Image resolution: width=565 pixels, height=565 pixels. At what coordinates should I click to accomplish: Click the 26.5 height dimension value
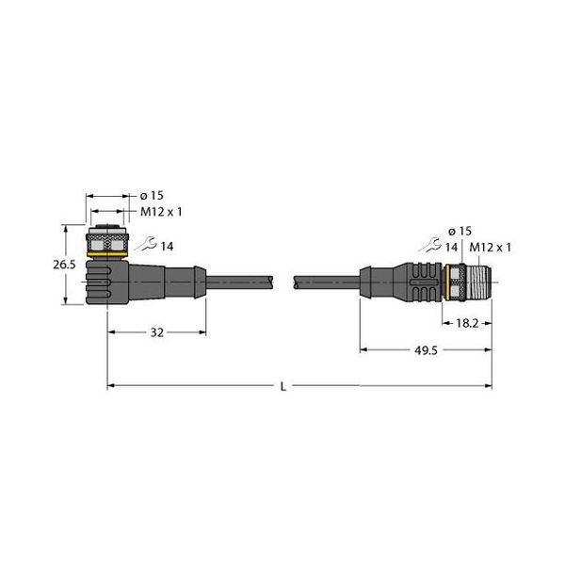click(x=63, y=266)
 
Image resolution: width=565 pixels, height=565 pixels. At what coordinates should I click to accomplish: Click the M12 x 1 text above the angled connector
click(x=161, y=212)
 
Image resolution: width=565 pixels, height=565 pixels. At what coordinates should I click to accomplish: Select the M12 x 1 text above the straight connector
click(x=490, y=247)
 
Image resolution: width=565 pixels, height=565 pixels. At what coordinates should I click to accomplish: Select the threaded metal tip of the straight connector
click(x=478, y=281)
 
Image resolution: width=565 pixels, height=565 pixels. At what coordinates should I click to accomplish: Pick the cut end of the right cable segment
click(x=297, y=280)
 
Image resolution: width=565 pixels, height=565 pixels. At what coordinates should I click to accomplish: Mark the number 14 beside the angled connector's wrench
click(x=167, y=246)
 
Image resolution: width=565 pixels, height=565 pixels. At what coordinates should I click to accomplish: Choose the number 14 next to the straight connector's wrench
click(x=453, y=247)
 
